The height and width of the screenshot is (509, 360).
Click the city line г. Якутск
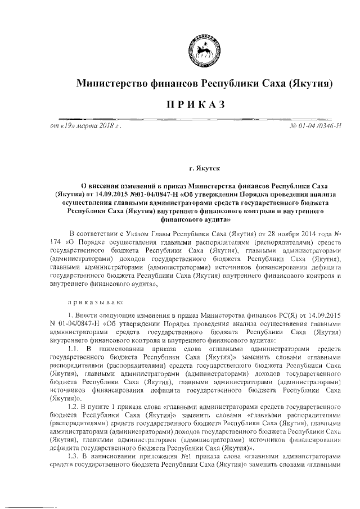pos(204,168)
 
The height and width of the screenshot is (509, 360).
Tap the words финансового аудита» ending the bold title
pos(204,220)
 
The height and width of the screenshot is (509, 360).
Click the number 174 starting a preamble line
pos(56,242)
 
